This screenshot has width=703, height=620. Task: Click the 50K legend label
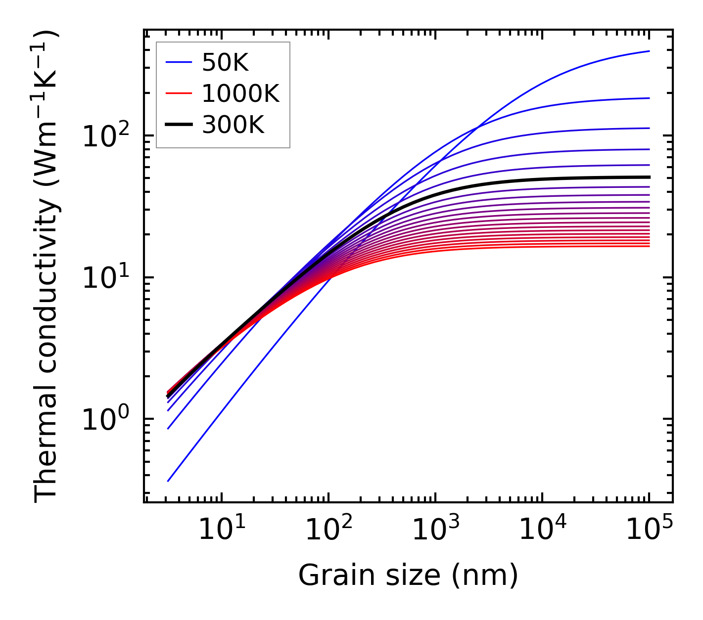click(225, 62)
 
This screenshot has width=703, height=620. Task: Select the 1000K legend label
click(240, 93)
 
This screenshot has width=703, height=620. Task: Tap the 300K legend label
click(233, 125)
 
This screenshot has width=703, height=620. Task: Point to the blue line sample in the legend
click(178, 62)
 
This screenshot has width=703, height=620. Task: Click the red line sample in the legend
click(178, 93)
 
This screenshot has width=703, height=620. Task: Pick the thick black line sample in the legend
click(178, 125)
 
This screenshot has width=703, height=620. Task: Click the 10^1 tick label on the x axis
click(221, 530)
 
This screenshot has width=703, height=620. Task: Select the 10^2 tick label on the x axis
click(328, 530)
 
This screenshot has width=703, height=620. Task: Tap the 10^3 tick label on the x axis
click(435, 530)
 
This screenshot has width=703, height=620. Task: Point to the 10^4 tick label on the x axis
click(542, 530)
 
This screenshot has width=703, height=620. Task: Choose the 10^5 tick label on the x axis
click(649, 530)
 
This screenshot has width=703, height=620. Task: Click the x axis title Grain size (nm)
click(408, 575)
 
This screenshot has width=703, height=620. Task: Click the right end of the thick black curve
click(649, 177)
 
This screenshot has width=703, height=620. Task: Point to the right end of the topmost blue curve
click(649, 51)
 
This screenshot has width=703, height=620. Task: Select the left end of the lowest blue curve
click(168, 481)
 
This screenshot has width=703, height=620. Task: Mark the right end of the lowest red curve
click(649, 246)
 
